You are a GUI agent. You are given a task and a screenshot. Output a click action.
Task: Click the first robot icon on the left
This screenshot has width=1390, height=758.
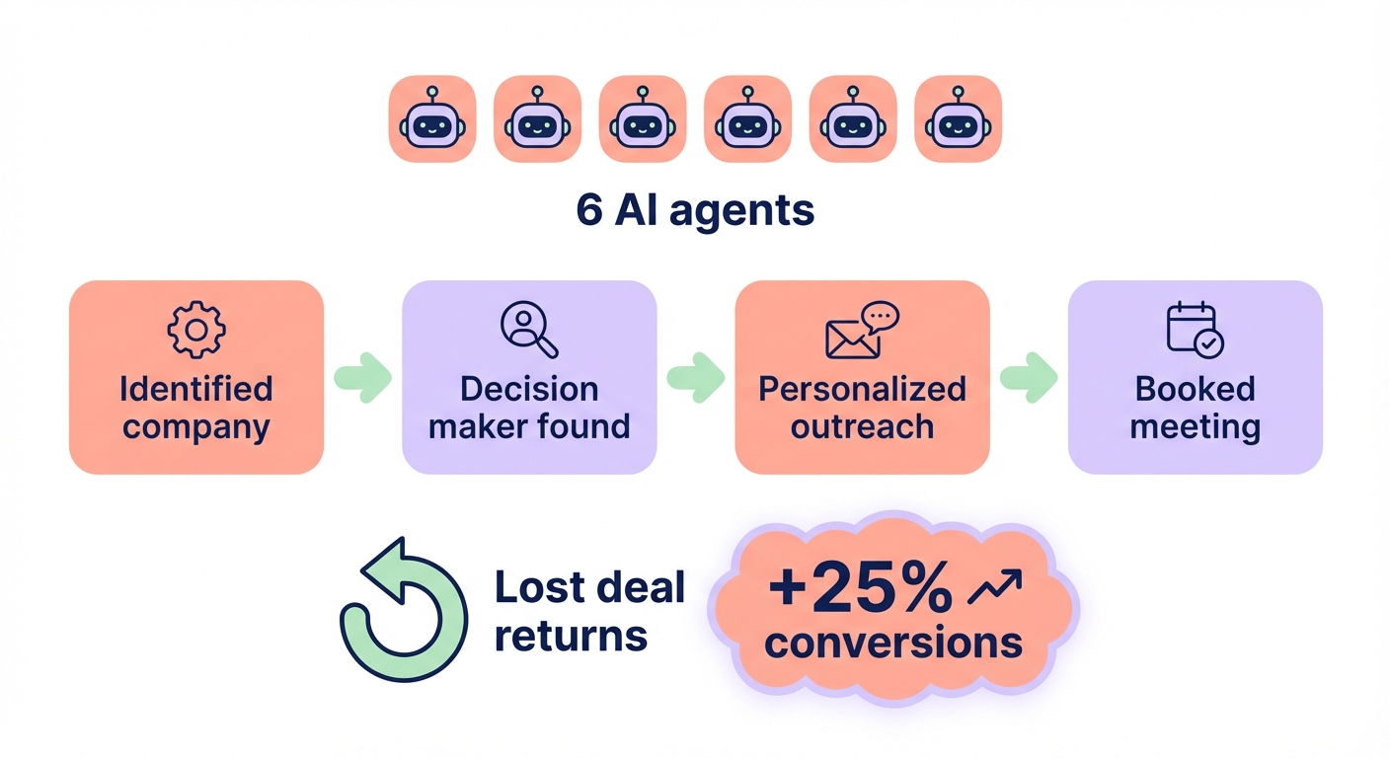432,118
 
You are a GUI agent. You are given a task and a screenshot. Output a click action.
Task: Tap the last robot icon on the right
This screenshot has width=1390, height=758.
958,118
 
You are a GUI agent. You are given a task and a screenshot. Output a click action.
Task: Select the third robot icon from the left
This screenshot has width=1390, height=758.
643,118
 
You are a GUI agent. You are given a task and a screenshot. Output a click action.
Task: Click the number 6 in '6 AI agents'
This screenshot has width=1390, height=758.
589,210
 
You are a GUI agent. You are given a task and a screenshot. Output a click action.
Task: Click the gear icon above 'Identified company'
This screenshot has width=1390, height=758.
196,330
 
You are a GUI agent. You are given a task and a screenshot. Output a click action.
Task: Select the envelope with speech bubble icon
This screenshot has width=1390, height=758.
862,330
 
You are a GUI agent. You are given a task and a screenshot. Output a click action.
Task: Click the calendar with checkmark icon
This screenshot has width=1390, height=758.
1195,330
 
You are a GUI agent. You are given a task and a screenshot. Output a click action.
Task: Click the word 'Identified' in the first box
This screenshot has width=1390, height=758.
196,389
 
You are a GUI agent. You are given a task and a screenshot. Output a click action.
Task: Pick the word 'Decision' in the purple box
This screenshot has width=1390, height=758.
529,389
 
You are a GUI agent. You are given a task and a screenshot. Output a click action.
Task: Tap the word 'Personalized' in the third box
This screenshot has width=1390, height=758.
862,389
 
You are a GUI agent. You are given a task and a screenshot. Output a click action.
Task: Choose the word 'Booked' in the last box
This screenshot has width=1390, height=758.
1195,389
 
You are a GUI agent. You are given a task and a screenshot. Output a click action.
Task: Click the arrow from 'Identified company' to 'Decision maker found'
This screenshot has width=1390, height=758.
363,377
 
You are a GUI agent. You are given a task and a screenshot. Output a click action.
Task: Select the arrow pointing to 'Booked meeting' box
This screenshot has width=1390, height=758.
1029,377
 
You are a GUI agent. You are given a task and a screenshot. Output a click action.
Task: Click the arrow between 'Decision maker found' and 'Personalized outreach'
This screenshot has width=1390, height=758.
696,377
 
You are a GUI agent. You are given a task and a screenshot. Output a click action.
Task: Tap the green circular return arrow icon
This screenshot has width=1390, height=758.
402,612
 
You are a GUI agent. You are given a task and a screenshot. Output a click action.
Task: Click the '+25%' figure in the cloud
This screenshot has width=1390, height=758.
860,590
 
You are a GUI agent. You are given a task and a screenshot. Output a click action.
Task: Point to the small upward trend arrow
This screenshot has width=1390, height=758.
995,588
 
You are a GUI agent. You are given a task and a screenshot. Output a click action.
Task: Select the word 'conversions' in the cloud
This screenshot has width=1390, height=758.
893,643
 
